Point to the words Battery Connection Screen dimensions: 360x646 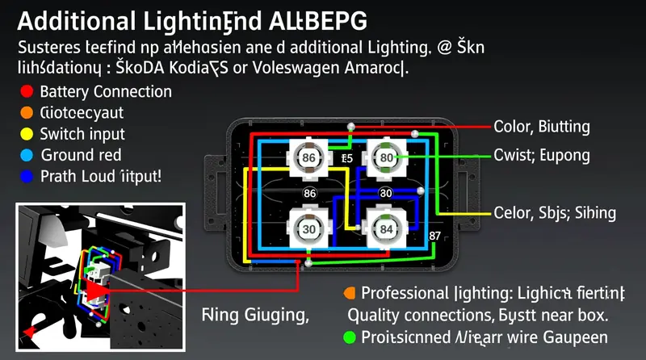[x=105, y=92]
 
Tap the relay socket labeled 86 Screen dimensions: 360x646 [x=308, y=157]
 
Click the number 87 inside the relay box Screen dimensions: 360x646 [x=437, y=236]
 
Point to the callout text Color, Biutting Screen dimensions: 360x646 [x=541, y=127]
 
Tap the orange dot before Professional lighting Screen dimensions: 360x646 [x=349, y=292]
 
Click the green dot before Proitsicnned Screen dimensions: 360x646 [x=349, y=337]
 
